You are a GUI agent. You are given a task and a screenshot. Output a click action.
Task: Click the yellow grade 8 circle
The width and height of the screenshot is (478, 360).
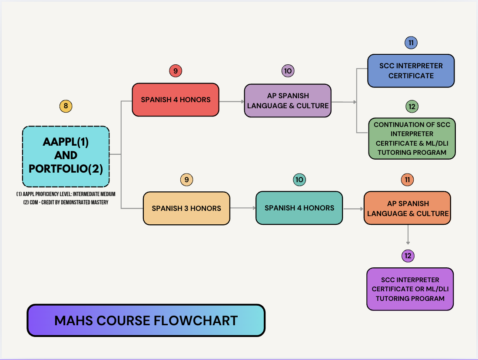(x=66, y=106)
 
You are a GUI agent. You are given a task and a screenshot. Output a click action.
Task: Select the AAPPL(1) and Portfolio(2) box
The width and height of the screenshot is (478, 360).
(x=66, y=156)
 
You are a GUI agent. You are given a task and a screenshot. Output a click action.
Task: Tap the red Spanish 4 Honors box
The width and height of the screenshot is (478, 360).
(x=176, y=100)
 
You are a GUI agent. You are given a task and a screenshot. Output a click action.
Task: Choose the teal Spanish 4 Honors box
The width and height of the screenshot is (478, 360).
(x=299, y=208)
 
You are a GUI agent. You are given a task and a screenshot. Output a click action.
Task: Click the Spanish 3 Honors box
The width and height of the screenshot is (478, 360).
(x=187, y=208)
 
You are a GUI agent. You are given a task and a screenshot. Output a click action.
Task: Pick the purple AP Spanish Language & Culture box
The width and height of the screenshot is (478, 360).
(x=288, y=101)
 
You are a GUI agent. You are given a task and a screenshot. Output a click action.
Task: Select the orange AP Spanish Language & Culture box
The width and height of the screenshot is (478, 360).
(x=408, y=208)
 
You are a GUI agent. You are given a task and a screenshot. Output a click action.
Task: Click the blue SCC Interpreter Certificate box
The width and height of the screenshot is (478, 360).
(x=411, y=70)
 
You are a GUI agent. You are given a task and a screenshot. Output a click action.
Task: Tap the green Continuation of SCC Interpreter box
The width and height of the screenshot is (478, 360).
(x=411, y=138)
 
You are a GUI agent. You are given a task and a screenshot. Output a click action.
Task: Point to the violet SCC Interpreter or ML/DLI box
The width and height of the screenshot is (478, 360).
(x=410, y=289)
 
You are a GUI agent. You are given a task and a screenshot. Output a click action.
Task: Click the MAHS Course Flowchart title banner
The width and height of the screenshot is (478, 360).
(x=146, y=320)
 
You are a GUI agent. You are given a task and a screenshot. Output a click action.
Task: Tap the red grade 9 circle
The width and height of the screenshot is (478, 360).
(x=175, y=71)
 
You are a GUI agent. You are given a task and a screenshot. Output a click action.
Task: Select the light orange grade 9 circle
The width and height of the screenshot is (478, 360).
(x=186, y=179)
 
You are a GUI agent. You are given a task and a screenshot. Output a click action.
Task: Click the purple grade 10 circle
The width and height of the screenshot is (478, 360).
(x=288, y=71)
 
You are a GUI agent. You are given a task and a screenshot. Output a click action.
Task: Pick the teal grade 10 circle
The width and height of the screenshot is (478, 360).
(x=299, y=179)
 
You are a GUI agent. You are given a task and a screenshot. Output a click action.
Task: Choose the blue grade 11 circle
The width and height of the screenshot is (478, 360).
(x=411, y=43)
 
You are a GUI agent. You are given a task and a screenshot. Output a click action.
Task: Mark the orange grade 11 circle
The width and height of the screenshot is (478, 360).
(x=408, y=179)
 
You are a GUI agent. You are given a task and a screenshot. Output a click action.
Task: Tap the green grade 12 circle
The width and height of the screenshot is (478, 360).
(x=412, y=106)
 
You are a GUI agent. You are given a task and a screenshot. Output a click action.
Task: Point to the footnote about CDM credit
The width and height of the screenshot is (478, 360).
(x=66, y=202)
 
